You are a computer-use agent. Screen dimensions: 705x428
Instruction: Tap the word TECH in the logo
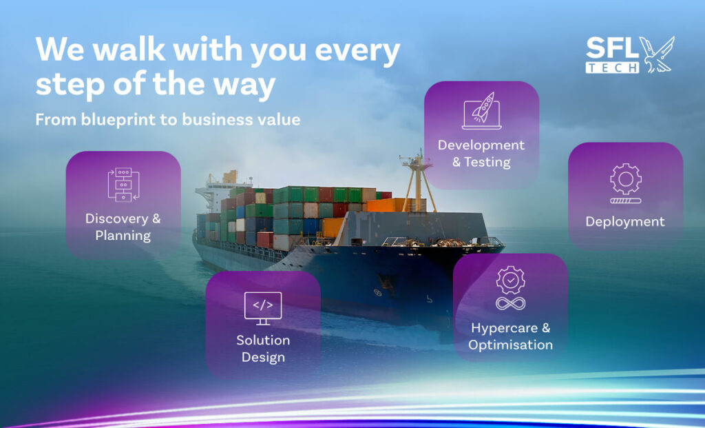click(x=612, y=68)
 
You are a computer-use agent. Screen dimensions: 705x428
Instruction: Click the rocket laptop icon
click(x=481, y=111)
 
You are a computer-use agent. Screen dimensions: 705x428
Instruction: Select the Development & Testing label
click(x=481, y=154)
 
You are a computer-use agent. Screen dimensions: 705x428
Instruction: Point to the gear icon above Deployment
click(x=625, y=179)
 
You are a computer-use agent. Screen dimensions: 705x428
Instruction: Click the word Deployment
click(x=625, y=221)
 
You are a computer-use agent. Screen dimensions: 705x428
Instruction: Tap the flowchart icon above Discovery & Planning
click(x=124, y=185)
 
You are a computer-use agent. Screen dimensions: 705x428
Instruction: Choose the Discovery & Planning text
click(x=123, y=227)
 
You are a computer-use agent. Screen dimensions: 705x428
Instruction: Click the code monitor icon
click(x=263, y=308)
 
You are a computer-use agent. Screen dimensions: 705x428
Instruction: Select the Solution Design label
click(x=263, y=348)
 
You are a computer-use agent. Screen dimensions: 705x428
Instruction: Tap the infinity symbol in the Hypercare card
click(x=510, y=303)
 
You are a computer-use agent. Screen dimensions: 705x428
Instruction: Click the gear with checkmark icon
click(x=510, y=280)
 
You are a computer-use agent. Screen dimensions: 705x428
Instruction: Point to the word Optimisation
click(x=510, y=345)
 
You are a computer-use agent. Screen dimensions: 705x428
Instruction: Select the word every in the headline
click(x=357, y=50)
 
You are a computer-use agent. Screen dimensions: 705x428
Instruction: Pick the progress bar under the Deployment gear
click(x=625, y=201)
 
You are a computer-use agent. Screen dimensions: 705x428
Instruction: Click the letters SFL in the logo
click(x=612, y=48)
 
